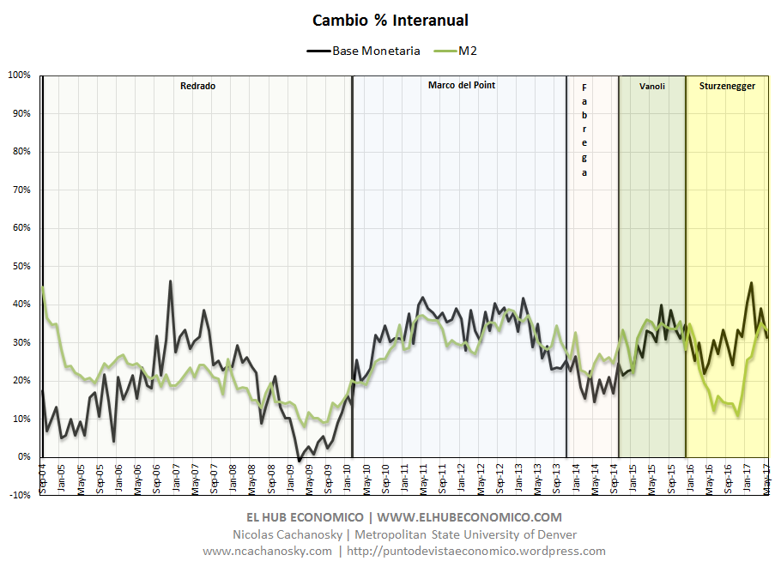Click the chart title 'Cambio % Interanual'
click(x=390, y=20)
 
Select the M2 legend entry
click(x=467, y=51)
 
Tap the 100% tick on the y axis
click(x=19, y=75)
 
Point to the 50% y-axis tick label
click(x=21, y=266)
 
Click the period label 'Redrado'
click(x=197, y=86)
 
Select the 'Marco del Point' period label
click(x=461, y=85)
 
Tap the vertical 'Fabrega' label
click(x=584, y=130)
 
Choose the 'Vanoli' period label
click(x=652, y=86)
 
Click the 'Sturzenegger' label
click(x=727, y=86)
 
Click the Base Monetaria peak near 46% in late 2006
click(x=170, y=281)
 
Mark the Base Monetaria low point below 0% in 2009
click(x=299, y=461)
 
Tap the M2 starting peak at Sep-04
click(x=43, y=287)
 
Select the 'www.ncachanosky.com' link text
click(x=267, y=551)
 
